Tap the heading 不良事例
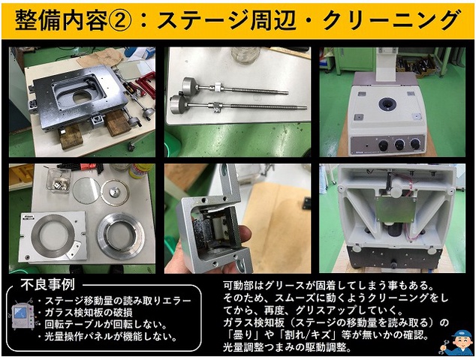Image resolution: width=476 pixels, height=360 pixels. tap(47, 284)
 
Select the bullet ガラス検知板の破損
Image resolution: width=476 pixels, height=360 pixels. tap(89, 313)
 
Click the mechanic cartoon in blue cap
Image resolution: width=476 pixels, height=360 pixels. tap(457, 343)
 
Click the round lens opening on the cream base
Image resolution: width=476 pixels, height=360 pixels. tap(388, 104)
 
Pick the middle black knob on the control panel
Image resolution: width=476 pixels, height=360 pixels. tap(399, 145)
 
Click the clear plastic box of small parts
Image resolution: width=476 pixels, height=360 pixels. tap(59, 180)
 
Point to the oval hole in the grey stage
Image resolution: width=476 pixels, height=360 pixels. tap(82, 97)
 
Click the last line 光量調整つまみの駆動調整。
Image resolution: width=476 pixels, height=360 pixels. tap(287, 347)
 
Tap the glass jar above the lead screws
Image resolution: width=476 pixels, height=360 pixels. tap(246, 55)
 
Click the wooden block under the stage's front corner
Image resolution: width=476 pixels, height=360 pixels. tap(71, 136)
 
